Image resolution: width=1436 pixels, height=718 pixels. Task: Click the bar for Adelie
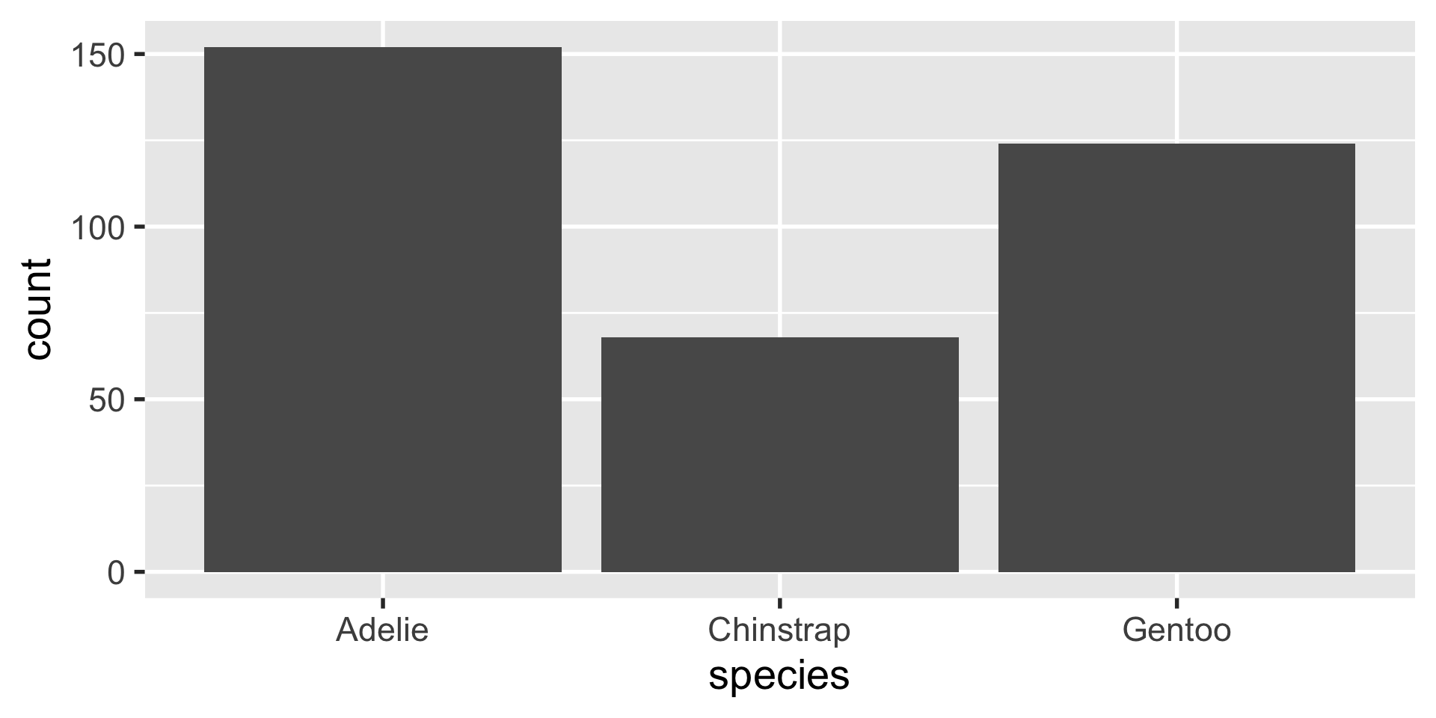click(382, 310)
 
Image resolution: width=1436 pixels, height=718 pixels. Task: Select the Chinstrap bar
click(779, 455)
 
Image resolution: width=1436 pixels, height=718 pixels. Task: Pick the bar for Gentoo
click(1176, 358)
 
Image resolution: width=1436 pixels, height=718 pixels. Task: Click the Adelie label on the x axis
click(382, 630)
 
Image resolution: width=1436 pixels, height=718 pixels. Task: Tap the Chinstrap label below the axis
click(779, 630)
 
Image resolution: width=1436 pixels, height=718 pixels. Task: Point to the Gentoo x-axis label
click(1176, 630)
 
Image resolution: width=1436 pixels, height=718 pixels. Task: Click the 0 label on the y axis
click(116, 573)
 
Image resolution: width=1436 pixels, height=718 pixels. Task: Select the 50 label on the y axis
click(106, 400)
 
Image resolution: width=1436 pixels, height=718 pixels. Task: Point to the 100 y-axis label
click(96, 227)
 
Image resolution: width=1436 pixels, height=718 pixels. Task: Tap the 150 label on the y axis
click(96, 55)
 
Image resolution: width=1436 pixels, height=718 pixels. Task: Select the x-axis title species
click(779, 676)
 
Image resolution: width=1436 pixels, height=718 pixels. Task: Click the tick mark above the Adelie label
click(382, 603)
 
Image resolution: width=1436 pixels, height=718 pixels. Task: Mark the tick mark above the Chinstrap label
click(779, 603)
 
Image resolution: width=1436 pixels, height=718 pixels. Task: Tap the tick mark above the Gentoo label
click(1176, 603)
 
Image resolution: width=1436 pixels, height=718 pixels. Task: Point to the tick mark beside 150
click(139, 55)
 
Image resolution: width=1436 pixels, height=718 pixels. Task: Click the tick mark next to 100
click(139, 227)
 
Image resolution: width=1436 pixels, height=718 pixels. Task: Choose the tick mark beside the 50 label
click(139, 399)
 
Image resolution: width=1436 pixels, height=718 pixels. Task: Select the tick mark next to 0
click(139, 572)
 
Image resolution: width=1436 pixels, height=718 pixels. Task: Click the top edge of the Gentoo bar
click(1176, 144)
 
